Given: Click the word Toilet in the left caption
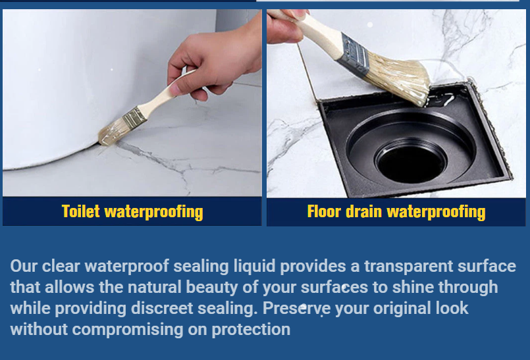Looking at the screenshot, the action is [80, 212].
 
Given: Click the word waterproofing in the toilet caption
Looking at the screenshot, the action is [154, 213].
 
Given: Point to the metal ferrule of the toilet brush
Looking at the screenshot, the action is [134, 118].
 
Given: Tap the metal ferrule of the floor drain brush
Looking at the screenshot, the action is [354, 55].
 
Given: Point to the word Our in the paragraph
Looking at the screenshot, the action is [24, 266].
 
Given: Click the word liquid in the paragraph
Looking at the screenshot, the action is [254, 267].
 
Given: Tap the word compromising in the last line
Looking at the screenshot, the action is [128, 330].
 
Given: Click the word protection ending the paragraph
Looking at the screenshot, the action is [251, 330].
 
